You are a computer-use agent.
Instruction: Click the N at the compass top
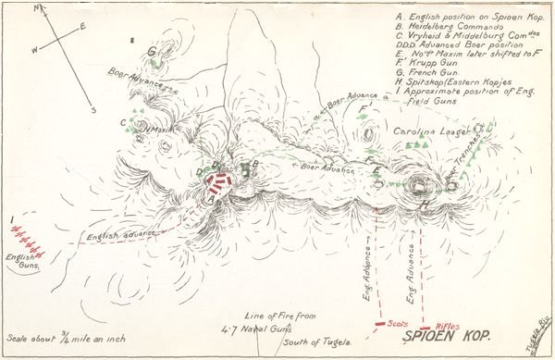pyautogui.click(x=38, y=8)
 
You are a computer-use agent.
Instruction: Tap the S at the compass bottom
pyautogui.click(x=93, y=109)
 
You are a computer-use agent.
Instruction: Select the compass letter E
pyautogui.click(x=82, y=26)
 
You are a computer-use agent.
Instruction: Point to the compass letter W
pyautogui.click(x=35, y=50)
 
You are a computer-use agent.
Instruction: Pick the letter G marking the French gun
pyautogui.click(x=151, y=52)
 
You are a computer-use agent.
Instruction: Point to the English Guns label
pyautogui.click(x=20, y=263)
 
